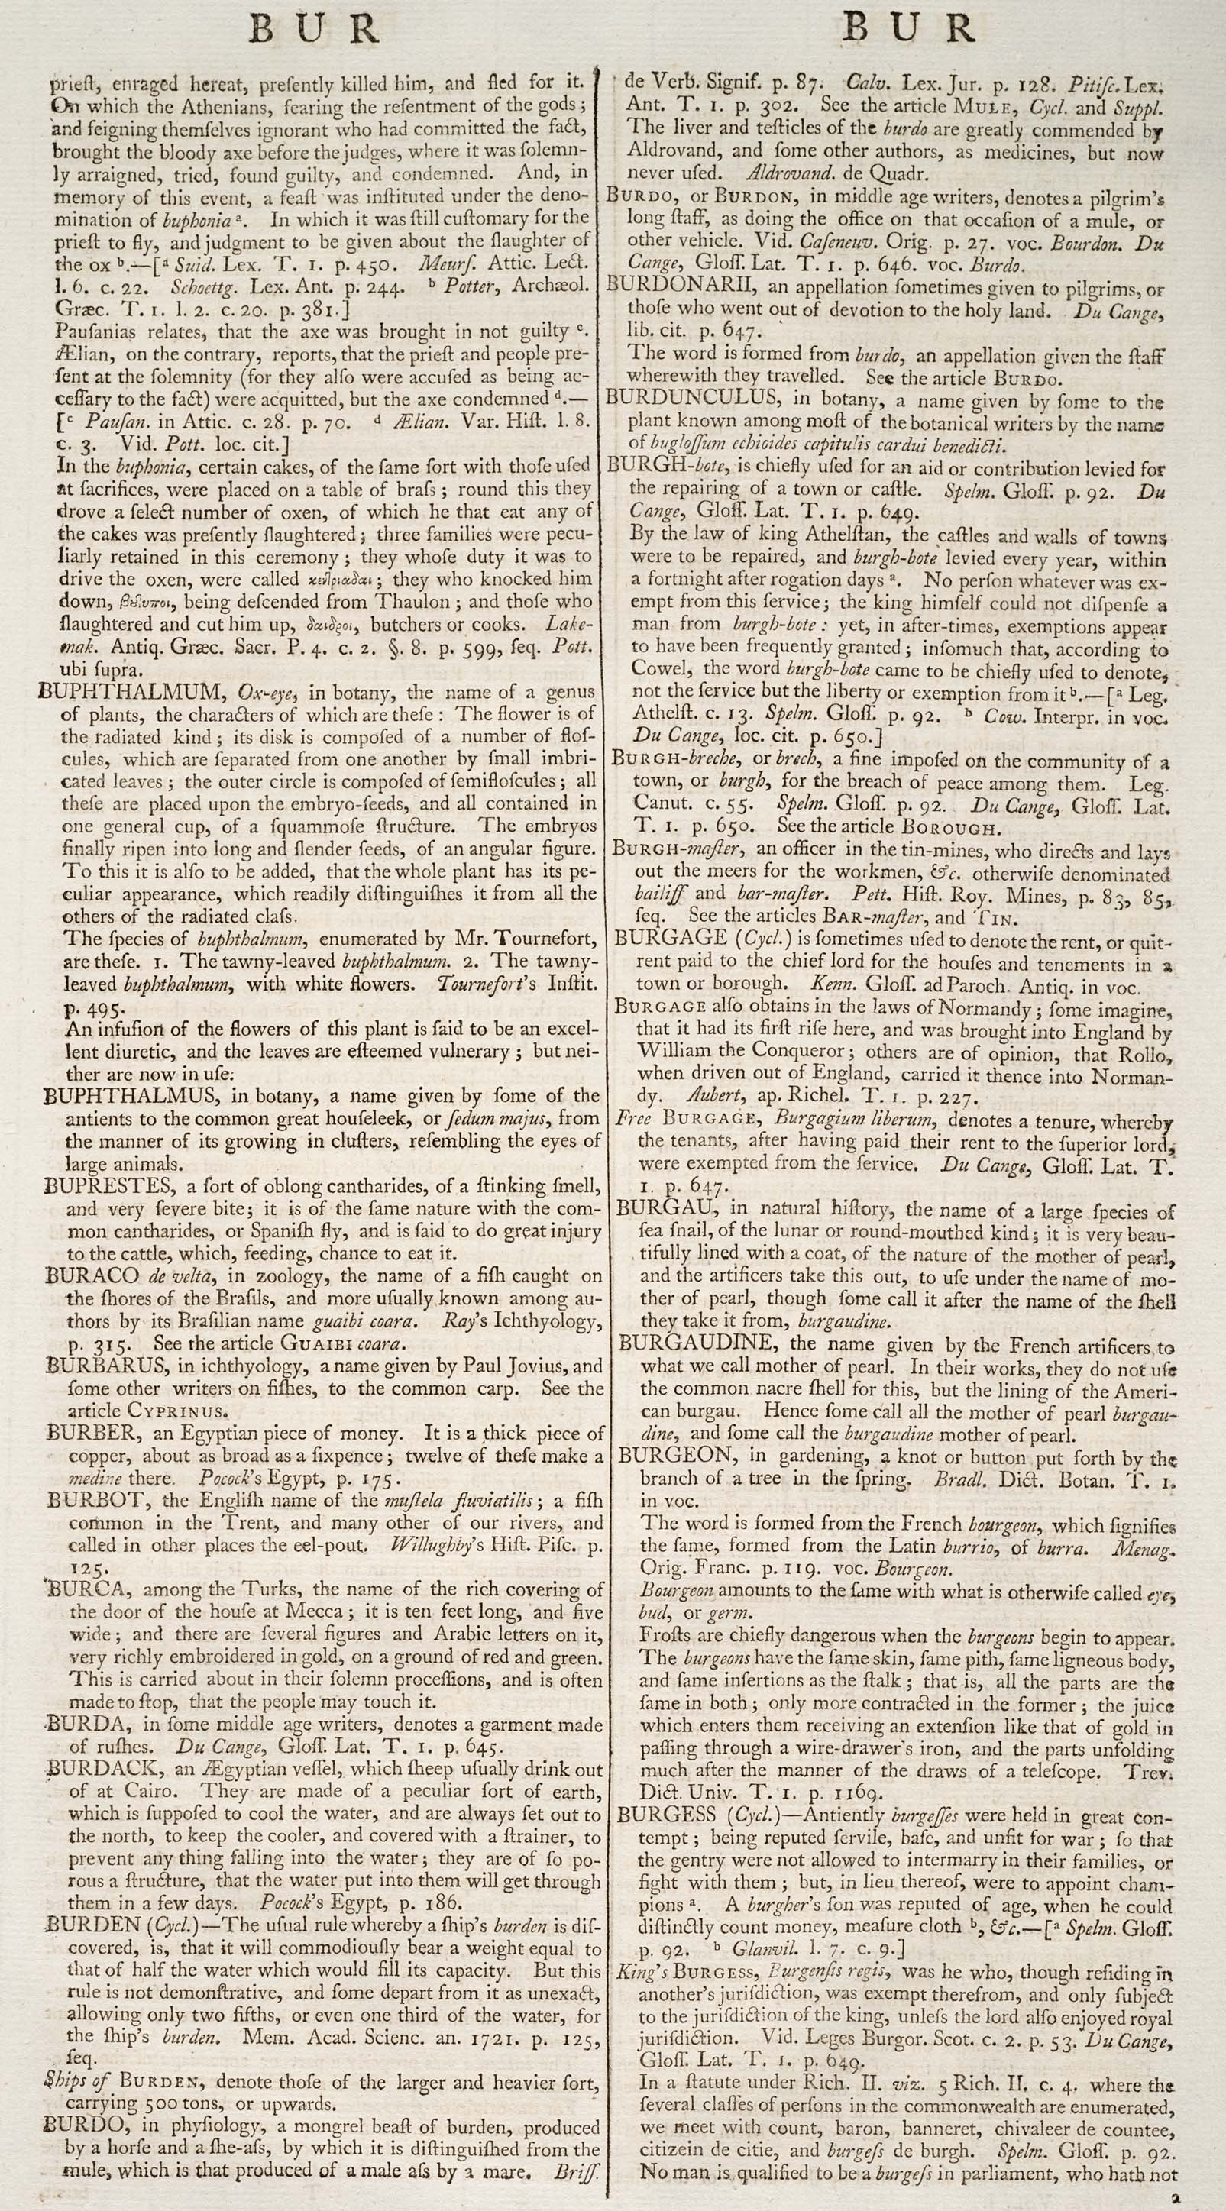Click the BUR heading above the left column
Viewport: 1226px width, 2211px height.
pyautogui.click(x=314, y=30)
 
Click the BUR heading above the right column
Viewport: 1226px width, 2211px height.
pyautogui.click(x=907, y=30)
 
